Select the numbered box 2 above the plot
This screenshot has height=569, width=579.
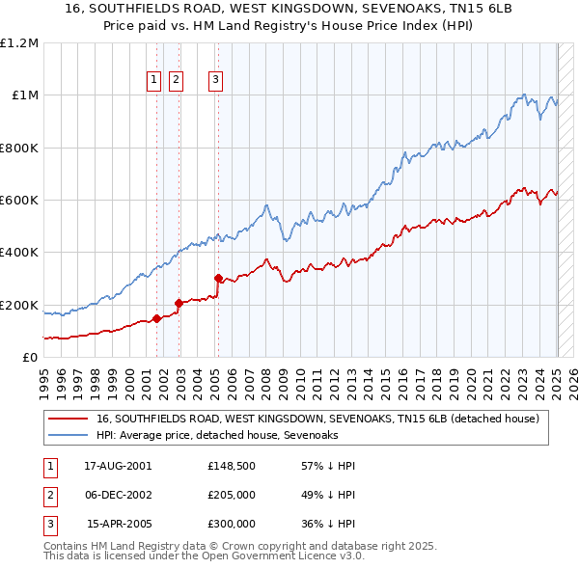[x=176, y=81]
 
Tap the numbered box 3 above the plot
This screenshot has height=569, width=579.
[x=215, y=81]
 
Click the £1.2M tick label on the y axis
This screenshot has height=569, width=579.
[x=19, y=43]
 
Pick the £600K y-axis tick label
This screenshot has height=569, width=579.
[x=19, y=201]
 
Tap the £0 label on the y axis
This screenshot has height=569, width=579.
[x=31, y=358]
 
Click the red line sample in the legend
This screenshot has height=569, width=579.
[x=68, y=419]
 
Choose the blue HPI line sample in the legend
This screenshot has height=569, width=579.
[x=68, y=435]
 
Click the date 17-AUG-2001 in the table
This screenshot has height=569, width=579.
[x=118, y=466]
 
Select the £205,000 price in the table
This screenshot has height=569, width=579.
[x=231, y=495]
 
